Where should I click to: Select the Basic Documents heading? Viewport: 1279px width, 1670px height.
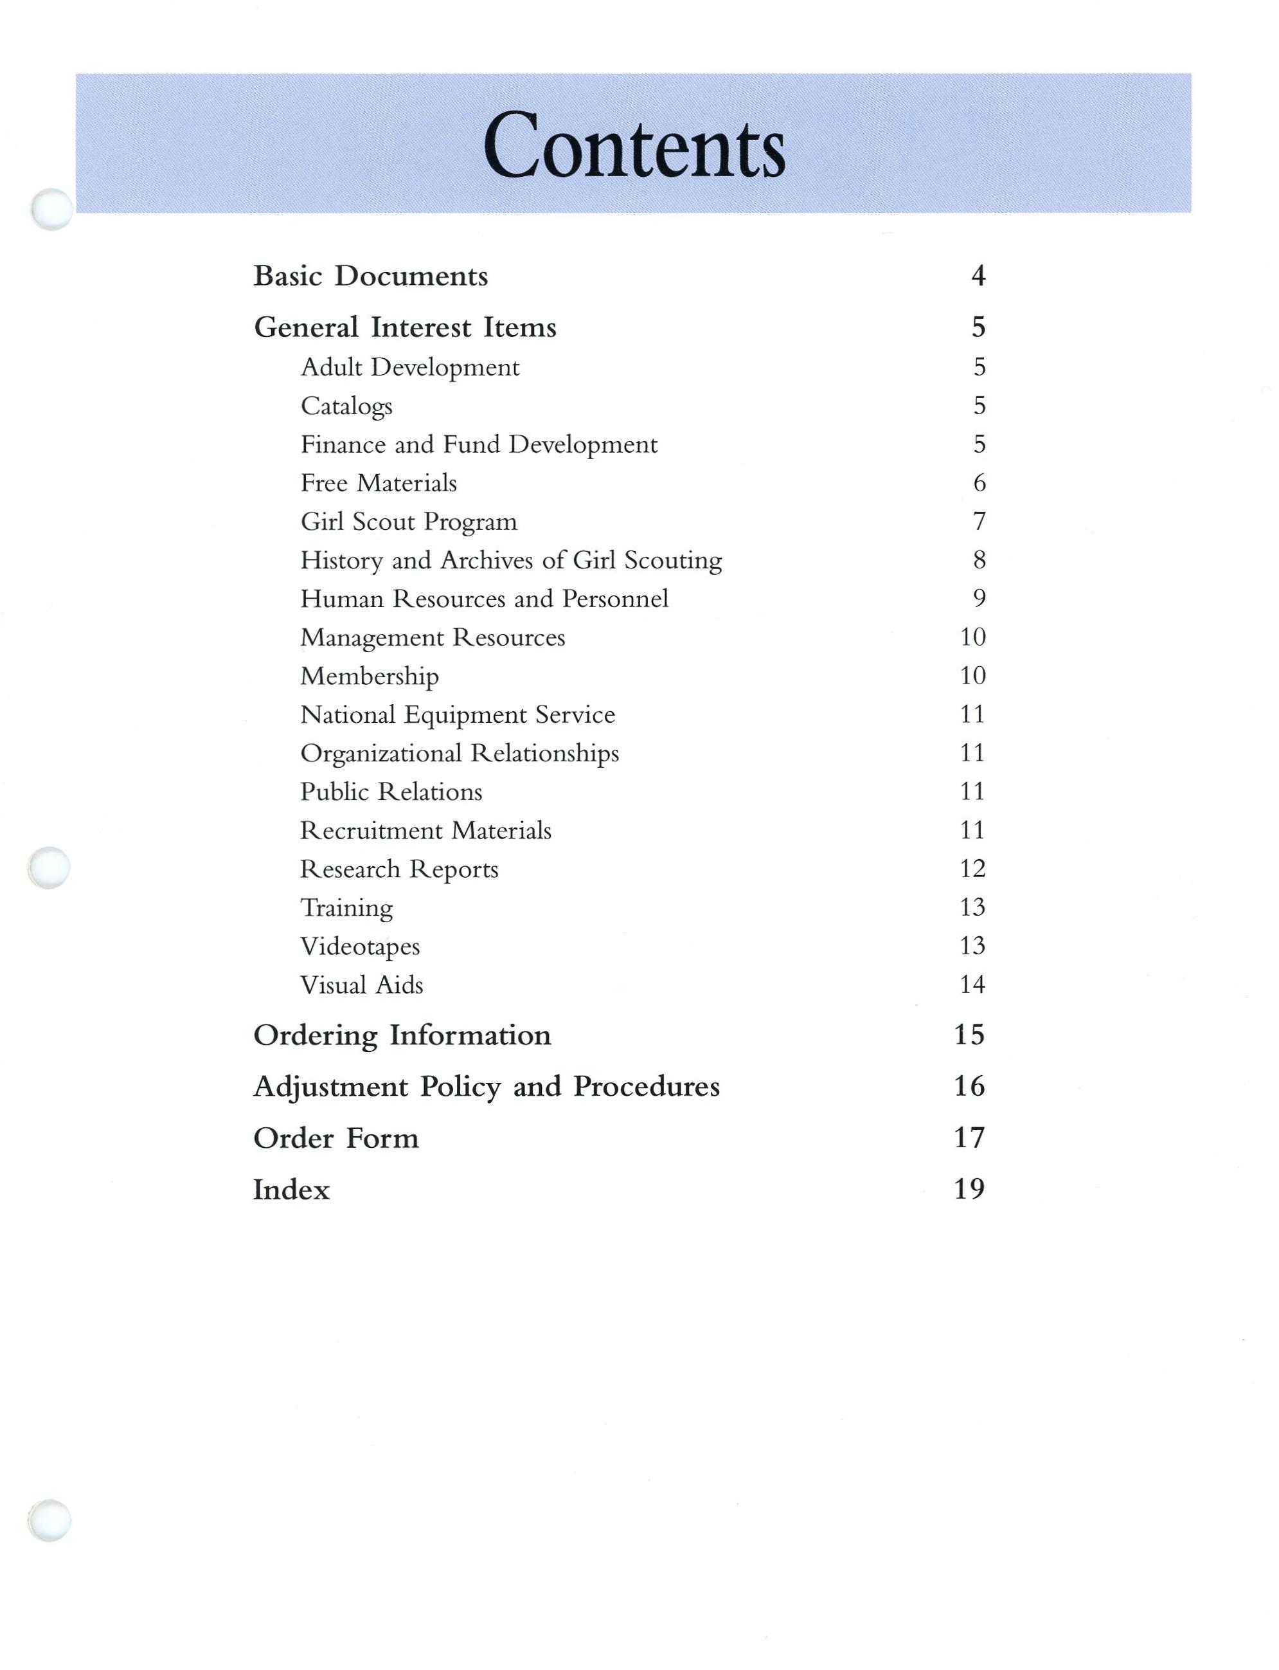click(x=370, y=276)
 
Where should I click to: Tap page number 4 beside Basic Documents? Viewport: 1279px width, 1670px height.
click(x=978, y=276)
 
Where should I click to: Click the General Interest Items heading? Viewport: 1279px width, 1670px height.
click(x=405, y=327)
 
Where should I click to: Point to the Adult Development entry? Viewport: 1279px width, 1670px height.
click(x=409, y=367)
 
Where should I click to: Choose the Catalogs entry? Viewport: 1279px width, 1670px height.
click(x=346, y=406)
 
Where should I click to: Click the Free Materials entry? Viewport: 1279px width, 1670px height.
click(x=379, y=483)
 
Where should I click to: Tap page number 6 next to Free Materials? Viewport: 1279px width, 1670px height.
click(x=979, y=483)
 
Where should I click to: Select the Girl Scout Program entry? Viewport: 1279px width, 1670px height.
click(x=409, y=522)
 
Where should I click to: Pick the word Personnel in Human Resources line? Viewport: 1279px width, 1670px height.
click(x=615, y=599)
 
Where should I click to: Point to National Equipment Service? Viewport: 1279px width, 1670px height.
click(x=458, y=714)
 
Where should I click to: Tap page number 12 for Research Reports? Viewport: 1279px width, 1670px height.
click(x=972, y=868)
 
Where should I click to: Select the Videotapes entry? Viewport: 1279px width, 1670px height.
click(x=360, y=947)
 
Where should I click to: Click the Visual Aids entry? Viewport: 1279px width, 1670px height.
click(x=362, y=985)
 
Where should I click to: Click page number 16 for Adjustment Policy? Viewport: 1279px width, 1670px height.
click(x=969, y=1086)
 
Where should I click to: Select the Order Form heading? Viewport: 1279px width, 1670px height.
click(x=335, y=1138)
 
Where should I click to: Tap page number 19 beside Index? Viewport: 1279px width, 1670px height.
click(x=969, y=1189)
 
